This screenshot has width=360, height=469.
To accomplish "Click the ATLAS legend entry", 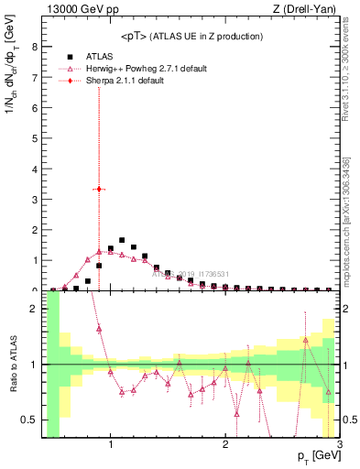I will [99, 56].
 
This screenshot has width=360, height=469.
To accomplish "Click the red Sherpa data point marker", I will [99, 189].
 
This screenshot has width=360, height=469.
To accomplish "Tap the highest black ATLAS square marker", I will [122, 240].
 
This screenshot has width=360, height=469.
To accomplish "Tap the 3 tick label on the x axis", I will [339, 447].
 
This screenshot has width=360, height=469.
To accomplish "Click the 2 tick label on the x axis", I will [225, 447].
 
